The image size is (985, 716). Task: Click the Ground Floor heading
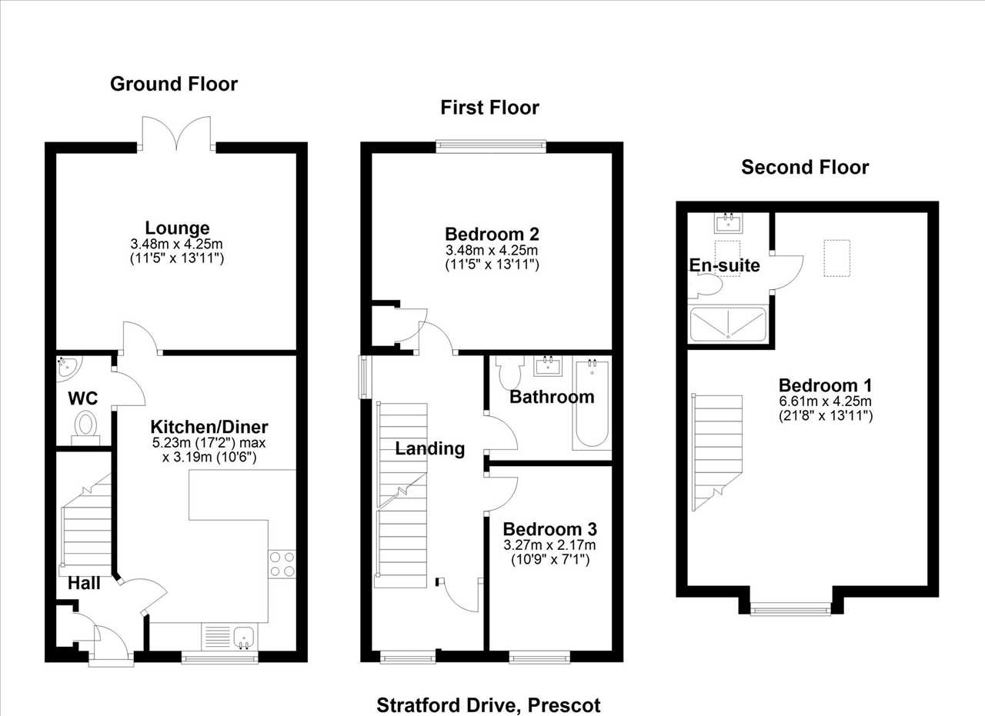[174, 84]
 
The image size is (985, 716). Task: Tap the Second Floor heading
[805, 168]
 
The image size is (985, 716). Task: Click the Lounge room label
[177, 228]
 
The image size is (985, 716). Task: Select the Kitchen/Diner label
[209, 427]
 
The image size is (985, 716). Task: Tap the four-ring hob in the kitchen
[282, 564]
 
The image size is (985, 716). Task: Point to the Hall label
[84, 583]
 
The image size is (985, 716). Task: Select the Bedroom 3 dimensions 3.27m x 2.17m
[549, 545]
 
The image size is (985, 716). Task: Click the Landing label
[429, 449]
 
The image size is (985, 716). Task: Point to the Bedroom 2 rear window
[491, 147]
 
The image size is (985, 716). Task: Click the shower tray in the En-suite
[728, 325]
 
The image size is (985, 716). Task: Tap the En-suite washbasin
[729, 223]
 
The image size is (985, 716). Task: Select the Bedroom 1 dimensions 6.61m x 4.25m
[826, 401]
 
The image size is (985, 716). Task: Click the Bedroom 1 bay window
[790, 609]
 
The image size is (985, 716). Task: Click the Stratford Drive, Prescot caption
[489, 705]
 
